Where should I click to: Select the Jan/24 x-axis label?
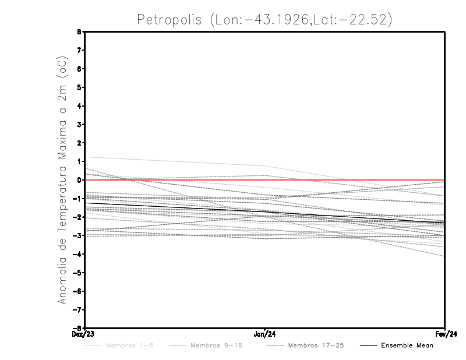click(x=265, y=334)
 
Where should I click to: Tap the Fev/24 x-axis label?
click(x=445, y=334)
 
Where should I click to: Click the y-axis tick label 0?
click(x=79, y=180)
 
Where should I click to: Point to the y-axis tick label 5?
click(x=79, y=87)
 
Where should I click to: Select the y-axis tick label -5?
click(x=77, y=273)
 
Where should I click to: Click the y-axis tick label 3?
click(x=79, y=125)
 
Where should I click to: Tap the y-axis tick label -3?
click(x=77, y=235)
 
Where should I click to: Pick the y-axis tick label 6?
click(x=79, y=69)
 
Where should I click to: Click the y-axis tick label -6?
click(x=77, y=291)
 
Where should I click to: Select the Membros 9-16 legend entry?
click(x=216, y=345)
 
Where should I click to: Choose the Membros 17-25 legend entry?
click(x=316, y=345)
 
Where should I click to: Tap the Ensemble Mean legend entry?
click(x=407, y=345)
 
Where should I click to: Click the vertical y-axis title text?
click(x=62, y=180)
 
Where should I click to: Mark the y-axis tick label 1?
click(x=79, y=161)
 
